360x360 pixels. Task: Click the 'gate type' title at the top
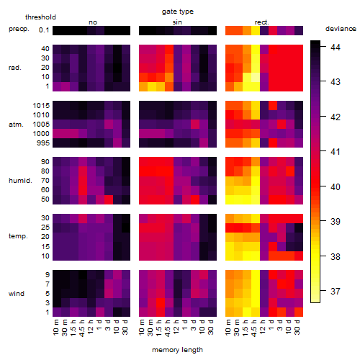178,12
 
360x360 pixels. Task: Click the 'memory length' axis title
177,350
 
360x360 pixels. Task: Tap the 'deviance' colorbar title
341,29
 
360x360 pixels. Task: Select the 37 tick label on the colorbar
336,292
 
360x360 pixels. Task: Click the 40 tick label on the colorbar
336,186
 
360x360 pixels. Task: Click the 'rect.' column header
262,22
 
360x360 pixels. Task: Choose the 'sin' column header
177,22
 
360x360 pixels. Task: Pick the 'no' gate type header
93,22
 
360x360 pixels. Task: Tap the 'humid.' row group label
20,181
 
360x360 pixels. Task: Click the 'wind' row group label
17,294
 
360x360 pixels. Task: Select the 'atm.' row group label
16,125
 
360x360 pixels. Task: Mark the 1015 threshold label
41,106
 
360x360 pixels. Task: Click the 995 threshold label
43,143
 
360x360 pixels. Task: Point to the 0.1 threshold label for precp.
44,30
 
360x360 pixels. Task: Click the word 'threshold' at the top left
40,17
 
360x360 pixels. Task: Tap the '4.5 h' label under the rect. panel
254,328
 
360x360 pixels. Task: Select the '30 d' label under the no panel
125,327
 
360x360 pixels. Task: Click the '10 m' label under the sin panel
142,328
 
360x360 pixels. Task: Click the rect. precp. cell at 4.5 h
256,30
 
